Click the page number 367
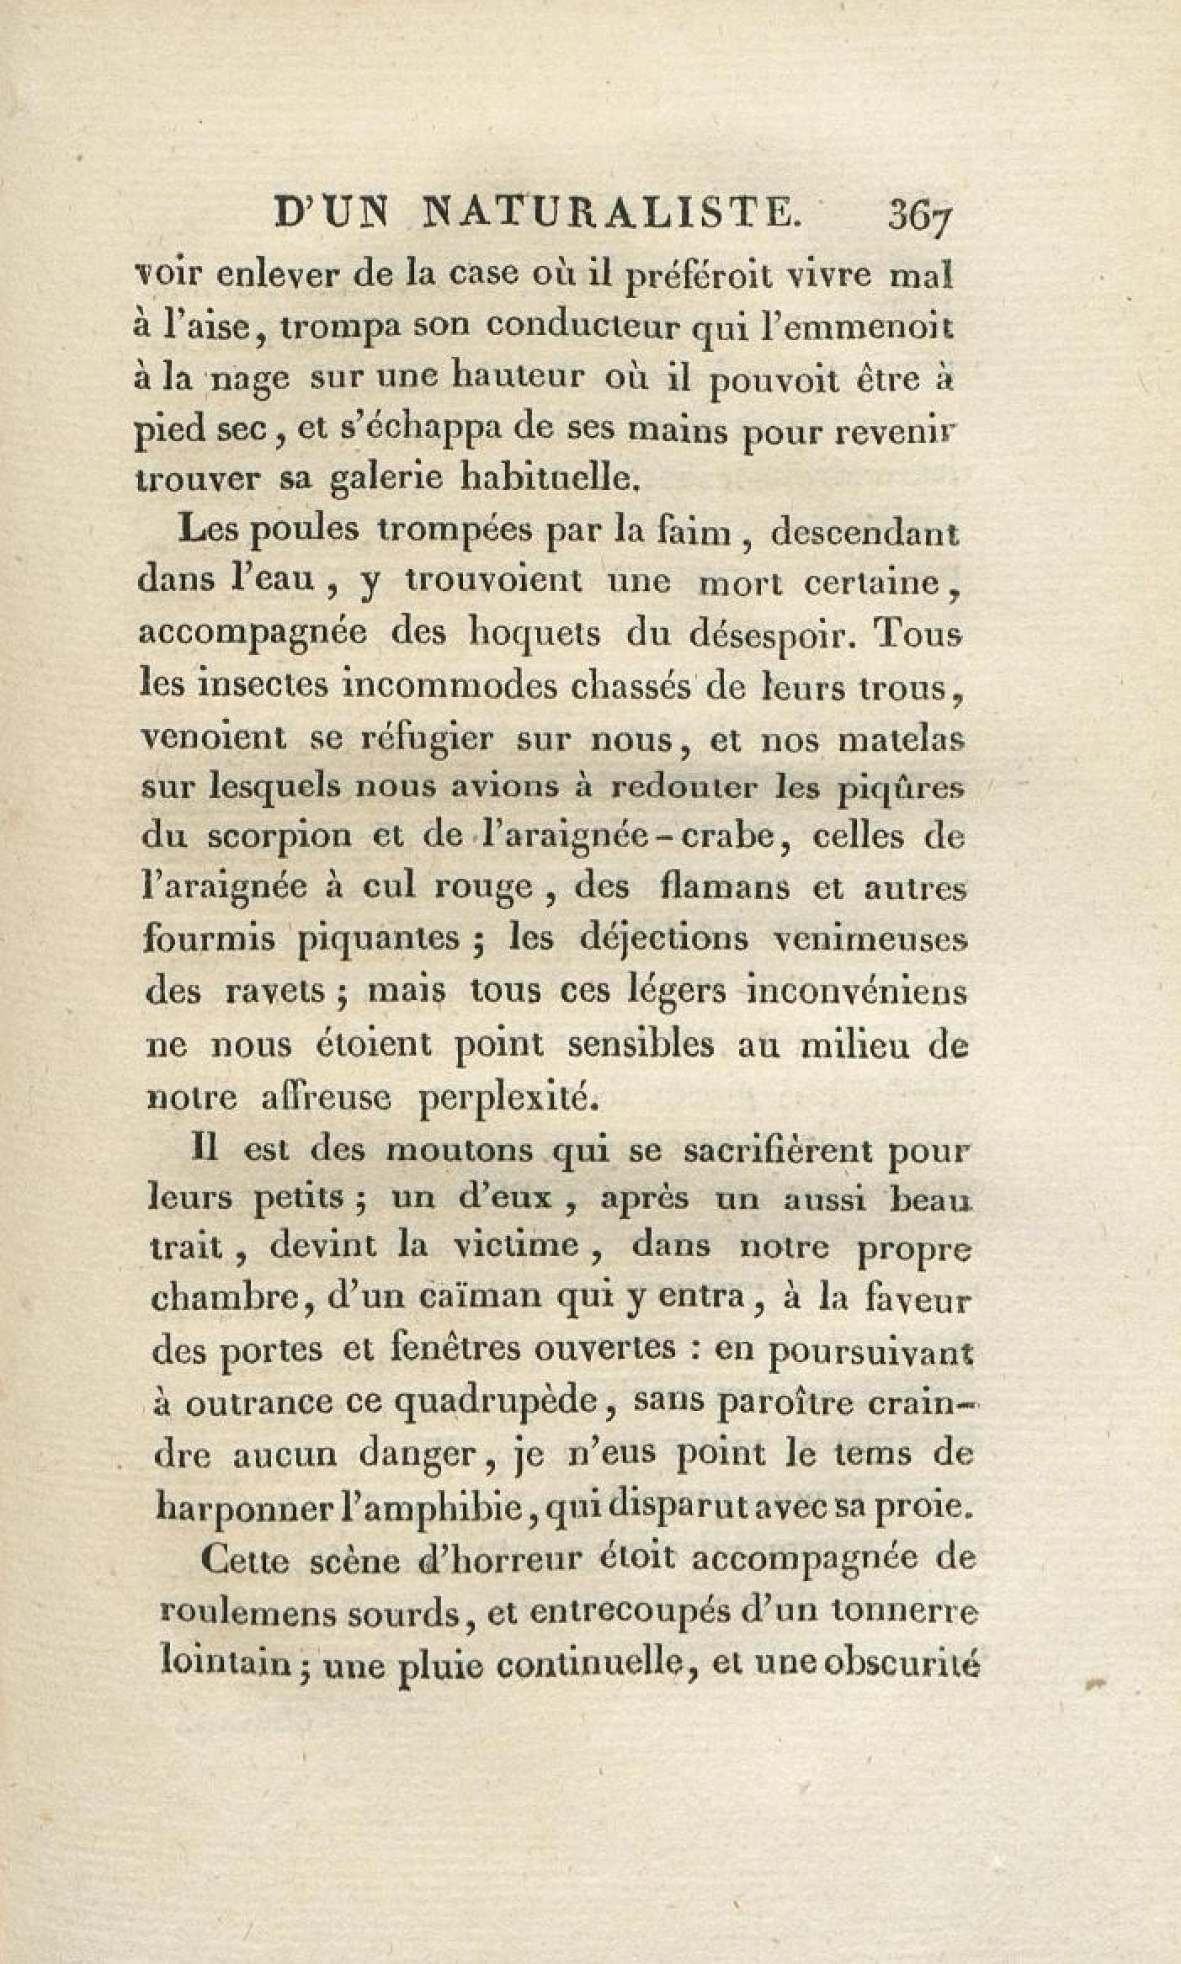[x=918, y=223]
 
